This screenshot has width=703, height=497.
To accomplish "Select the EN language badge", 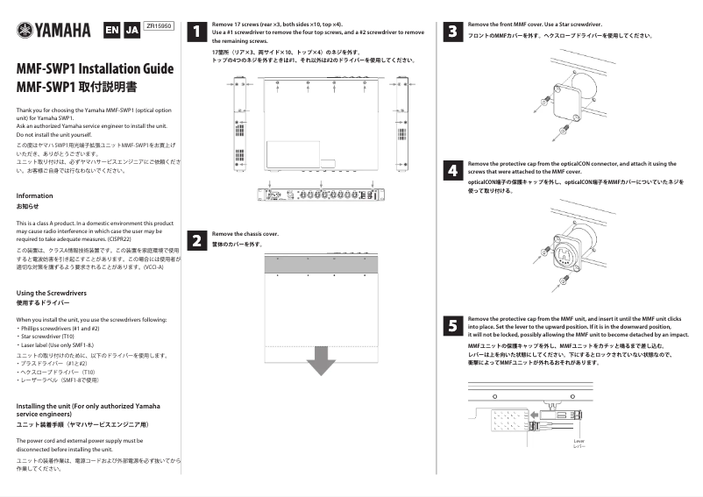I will click(x=111, y=31).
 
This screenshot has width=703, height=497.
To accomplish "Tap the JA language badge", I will click(x=131, y=31).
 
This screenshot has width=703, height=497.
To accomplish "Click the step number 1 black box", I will click(x=198, y=32).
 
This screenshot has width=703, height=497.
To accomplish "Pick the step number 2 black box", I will click(x=198, y=239).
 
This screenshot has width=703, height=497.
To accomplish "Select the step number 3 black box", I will click(x=452, y=32).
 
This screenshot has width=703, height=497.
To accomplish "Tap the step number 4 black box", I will click(x=452, y=170).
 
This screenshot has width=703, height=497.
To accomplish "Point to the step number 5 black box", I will click(x=452, y=325).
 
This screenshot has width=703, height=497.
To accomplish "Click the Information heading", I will click(x=35, y=195).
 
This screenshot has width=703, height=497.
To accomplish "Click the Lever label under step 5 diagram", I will click(x=579, y=441).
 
